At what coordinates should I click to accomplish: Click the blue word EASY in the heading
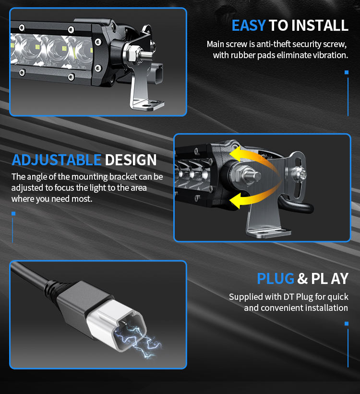click(249, 25)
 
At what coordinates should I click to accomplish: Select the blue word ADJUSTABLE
click(57, 160)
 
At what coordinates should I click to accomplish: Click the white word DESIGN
click(131, 160)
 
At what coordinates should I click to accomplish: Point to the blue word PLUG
click(276, 278)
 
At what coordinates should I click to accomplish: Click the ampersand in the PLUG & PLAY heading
click(302, 278)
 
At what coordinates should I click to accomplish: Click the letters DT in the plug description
click(288, 297)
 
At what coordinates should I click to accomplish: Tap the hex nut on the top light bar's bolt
click(132, 54)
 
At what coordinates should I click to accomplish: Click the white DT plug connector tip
click(116, 325)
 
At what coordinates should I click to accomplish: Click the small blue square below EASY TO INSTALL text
click(347, 73)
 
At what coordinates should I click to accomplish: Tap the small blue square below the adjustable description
click(13, 214)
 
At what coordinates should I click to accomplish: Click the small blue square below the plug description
click(347, 324)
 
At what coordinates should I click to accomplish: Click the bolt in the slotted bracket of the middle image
click(300, 173)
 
